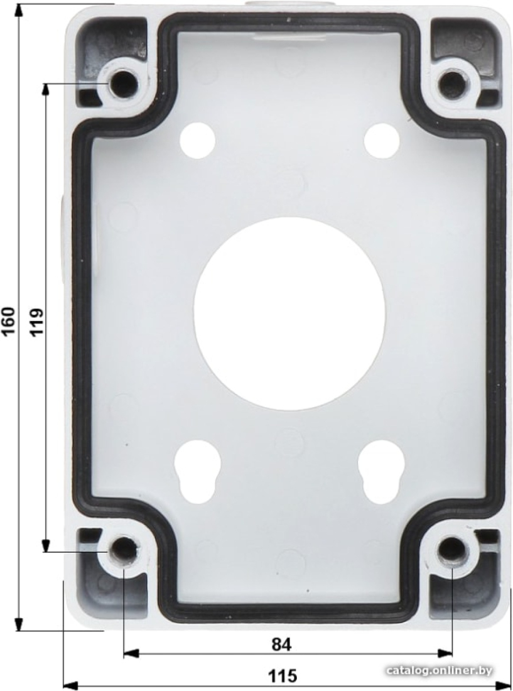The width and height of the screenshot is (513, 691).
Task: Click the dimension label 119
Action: tap(37, 321)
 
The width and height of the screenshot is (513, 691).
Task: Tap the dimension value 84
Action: tap(281, 645)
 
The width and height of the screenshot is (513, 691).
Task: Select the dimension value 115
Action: tap(283, 675)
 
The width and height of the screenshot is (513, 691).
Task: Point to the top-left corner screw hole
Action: tap(123, 84)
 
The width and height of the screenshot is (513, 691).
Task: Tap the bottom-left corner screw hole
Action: tap(124, 550)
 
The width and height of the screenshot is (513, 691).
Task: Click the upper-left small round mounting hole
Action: tap(198, 141)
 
